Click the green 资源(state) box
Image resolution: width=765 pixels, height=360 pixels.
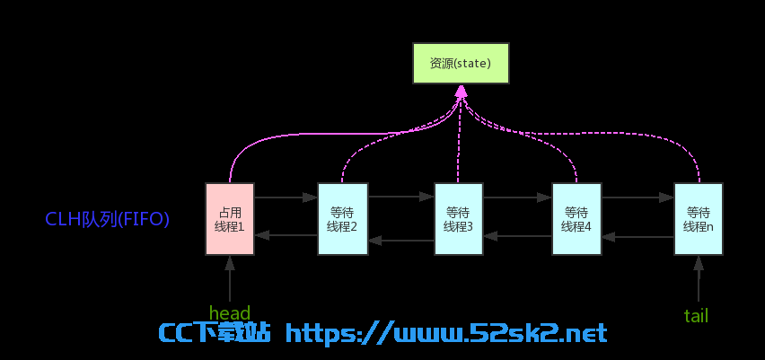coord(461,64)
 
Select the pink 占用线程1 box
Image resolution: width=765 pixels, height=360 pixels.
coord(230,219)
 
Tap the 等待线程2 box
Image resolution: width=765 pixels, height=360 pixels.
coord(342,219)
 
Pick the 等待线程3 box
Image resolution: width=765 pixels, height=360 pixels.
coord(459,219)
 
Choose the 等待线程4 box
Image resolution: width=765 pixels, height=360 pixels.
coord(576,219)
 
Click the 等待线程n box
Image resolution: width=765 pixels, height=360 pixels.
coord(699,219)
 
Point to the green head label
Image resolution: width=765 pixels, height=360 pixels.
coord(230,312)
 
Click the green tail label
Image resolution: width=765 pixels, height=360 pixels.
coord(696,316)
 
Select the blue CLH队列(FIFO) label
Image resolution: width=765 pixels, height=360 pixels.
coord(108,220)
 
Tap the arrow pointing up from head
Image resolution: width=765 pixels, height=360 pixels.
coord(230,278)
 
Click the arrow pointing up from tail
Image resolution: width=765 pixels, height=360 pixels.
coord(699,278)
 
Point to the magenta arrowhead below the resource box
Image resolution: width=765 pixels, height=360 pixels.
coord(461,91)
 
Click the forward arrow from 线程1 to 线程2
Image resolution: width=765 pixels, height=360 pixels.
coord(286,198)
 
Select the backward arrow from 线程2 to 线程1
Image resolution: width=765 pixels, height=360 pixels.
coord(286,235)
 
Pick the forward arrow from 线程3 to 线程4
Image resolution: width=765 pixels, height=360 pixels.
coord(518,198)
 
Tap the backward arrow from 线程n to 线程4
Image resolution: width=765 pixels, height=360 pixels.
coord(637,237)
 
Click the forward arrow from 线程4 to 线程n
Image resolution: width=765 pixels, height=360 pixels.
coord(637,198)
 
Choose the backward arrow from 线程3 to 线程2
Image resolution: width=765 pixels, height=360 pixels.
coord(400,240)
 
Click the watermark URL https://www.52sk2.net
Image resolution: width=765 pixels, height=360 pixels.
coord(446,333)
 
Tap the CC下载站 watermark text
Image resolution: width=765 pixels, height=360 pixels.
coord(215,333)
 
